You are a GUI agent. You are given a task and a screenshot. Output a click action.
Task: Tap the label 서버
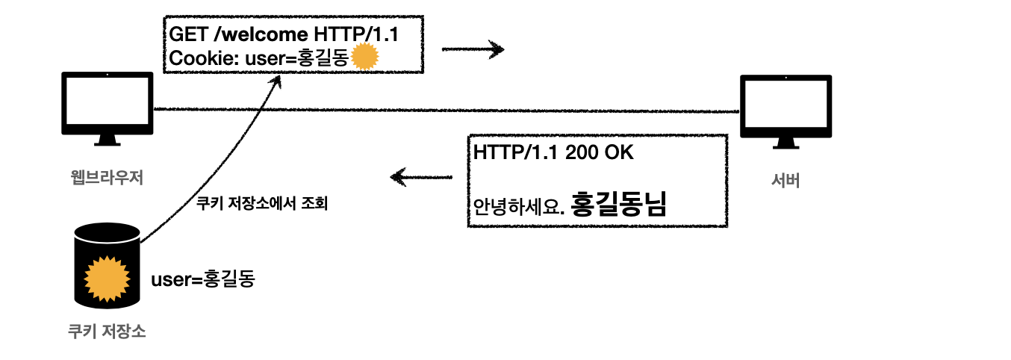pos(785,180)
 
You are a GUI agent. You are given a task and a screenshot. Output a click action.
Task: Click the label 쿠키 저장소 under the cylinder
pos(106,331)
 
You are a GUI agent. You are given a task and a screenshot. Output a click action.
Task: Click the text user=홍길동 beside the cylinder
pos(203,280)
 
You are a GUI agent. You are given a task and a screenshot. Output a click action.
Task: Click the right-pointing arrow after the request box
pos(473,50)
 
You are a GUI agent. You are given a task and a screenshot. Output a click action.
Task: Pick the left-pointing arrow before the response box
pos(422,178)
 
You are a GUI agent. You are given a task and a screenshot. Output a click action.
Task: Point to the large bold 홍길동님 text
pos(618,203)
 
